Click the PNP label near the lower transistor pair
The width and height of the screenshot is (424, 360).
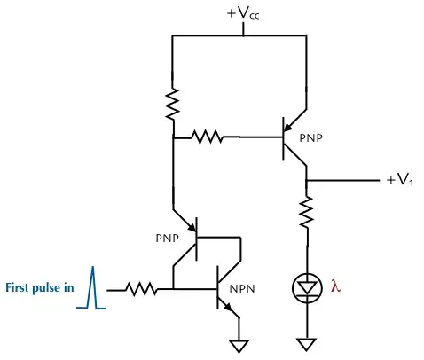pos(169,238)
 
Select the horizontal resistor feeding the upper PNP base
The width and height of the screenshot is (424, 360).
pos(208,137)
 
